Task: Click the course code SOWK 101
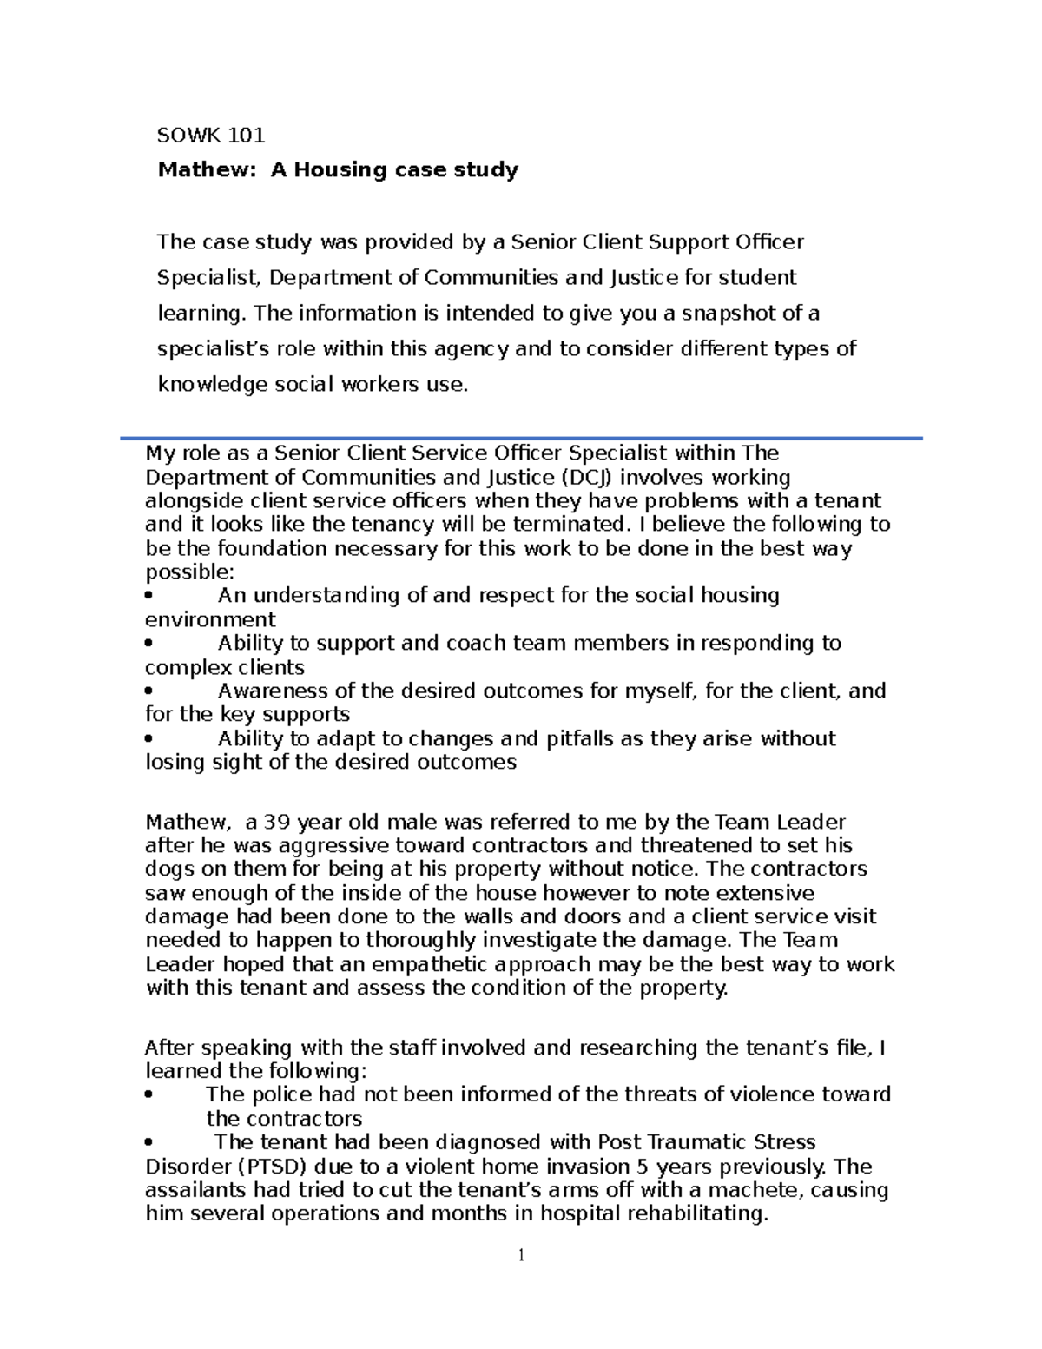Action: click(210, 136)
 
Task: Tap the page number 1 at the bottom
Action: click(521, 1254)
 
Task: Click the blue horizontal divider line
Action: click(521, 439)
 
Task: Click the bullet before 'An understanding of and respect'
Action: click(150, 596)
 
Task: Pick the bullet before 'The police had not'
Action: click(150, 1095)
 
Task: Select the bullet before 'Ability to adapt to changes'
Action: click(150, 739)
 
